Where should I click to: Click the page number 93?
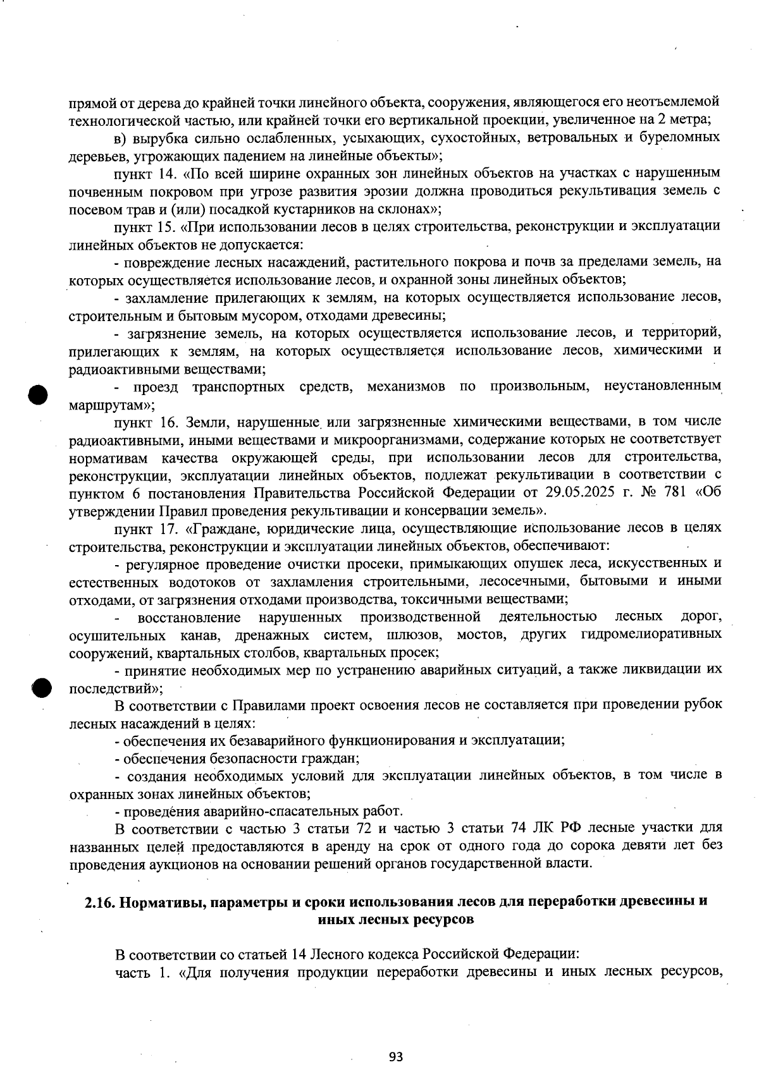click(396, 1056)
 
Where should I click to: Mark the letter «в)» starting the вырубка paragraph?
click(120, 137)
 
